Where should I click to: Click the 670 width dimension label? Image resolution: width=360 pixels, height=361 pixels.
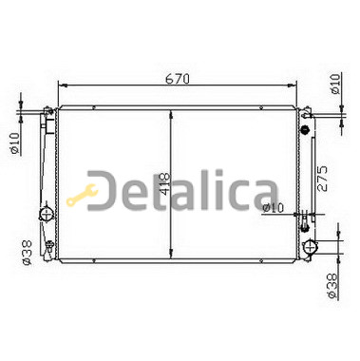178,79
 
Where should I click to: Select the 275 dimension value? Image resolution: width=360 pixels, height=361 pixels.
322,178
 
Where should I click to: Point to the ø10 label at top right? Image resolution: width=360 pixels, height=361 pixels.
334,84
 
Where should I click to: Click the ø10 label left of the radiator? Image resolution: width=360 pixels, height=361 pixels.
15,142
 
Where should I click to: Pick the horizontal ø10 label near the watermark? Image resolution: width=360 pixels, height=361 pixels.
274,208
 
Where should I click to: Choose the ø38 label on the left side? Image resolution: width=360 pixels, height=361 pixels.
27,253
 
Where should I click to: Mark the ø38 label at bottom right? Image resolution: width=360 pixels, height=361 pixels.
332,286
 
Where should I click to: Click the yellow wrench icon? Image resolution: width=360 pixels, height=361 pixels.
82,196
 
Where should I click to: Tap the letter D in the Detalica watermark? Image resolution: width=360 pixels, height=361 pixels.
103,191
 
